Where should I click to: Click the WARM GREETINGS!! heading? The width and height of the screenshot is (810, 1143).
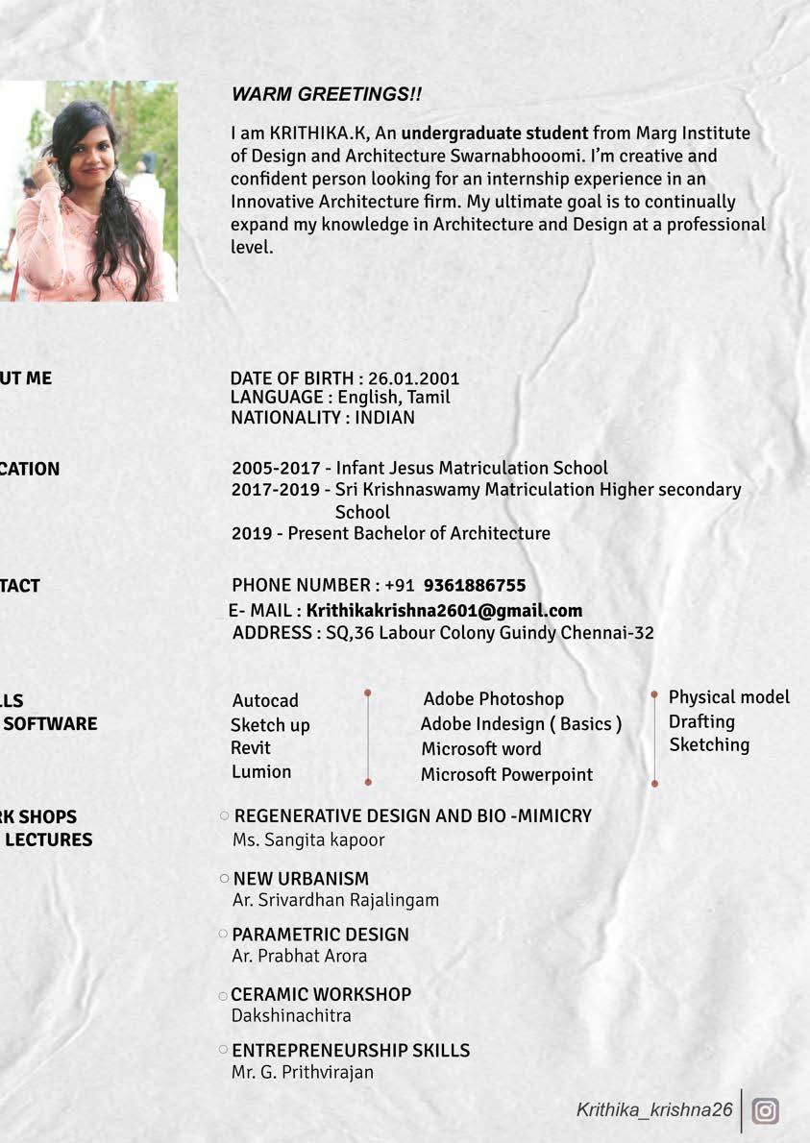pyautogui.click(x=326, y=94)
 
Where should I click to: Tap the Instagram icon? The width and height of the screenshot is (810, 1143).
pyautogui.click(x=765, y=1110)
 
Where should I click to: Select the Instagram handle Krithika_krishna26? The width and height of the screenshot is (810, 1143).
pyautogui.click(x=654, y=1109)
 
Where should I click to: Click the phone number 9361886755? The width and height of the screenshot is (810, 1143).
pyautogui.click(x=474, y=585)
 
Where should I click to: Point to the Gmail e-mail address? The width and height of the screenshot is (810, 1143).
pyautogui.click(x=444, y=610)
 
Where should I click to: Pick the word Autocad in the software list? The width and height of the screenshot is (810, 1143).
pyautogui.click(x=265, y=700)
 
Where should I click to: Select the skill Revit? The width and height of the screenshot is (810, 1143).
pyautogui.click(x=250, y=747)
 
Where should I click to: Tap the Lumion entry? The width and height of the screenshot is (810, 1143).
pyautogui.click(x=260, y=771)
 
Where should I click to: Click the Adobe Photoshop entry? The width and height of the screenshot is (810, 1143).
pyautogui.click(x=493, y=698)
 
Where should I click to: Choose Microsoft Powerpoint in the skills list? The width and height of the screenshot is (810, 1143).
pyautogui.click(x=506, y=774)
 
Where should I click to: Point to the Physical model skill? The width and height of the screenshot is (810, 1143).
pyautogui.click(x=728, y=696)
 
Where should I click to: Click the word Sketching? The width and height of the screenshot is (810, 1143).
pyautogui.click(x=709, y=744)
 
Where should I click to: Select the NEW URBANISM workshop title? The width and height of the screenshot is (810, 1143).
pyautogui.click(x=301, y=878)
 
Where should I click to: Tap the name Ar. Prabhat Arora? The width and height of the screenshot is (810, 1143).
pyautogui.click(x=299, y=956)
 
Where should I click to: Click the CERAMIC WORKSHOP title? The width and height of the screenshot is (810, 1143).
pyautogui.click(x=321, y=994)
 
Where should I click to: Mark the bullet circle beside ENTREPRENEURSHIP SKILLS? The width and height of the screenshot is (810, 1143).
pyautogui.click(x=224, y=1050)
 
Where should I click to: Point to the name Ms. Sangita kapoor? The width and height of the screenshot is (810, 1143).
pyautogui.click(x=308, y=839)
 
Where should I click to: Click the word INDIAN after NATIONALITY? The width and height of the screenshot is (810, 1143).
pyautogui.click(x=384, y=417)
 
